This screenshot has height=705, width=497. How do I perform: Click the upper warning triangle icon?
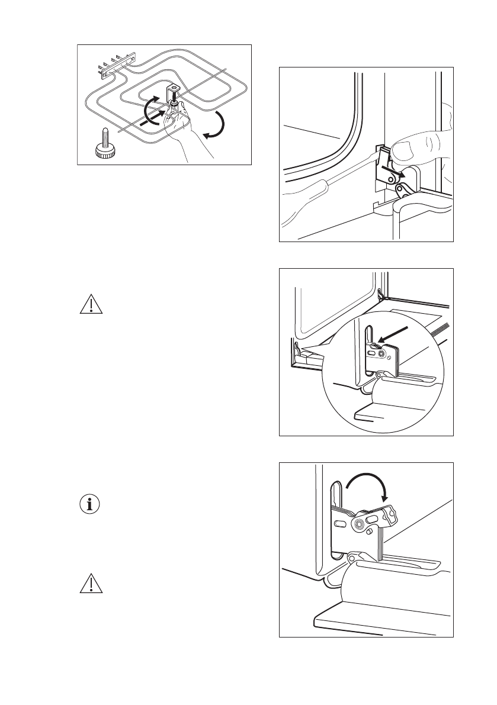click(x=90, y=304)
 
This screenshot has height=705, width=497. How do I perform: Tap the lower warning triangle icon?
click(x=90, y=585)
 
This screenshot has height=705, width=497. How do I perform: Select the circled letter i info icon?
click(x=90, y=505)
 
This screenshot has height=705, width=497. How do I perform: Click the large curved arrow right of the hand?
click(x=215, y=127)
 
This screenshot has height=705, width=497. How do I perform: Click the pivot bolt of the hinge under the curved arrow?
click(x=358, y=524)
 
